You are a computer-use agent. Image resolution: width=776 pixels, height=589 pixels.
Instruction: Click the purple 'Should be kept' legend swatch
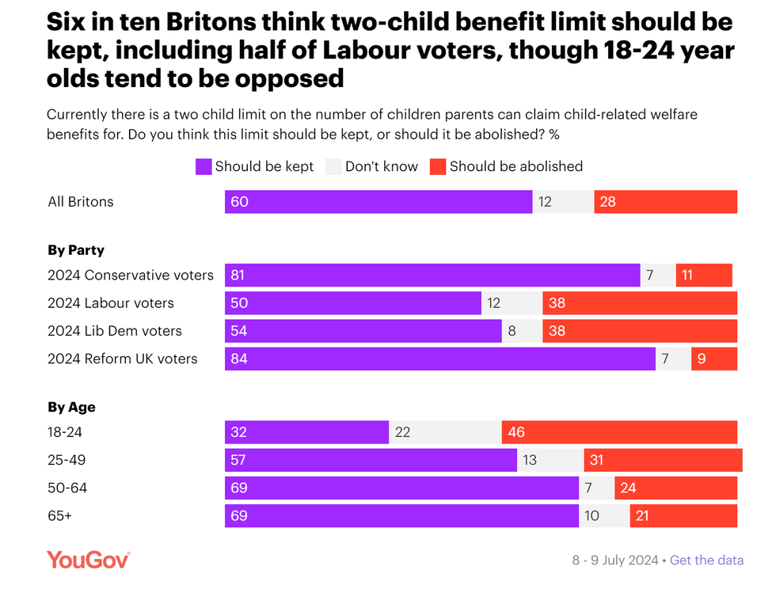tap(204, 167)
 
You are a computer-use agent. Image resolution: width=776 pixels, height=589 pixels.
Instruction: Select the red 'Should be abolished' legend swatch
tap(437, 167)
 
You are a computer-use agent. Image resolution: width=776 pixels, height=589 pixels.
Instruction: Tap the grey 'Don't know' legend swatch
tap(333, 167)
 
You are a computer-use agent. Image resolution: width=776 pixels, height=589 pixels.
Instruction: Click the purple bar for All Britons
tap(378, 202)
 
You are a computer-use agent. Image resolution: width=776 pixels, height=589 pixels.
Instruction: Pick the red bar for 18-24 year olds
tap(619, 432)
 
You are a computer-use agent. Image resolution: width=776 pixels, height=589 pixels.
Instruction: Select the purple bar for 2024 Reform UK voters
tap(440, 359)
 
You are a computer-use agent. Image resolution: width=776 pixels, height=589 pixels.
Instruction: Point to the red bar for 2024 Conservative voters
tap(704, 275)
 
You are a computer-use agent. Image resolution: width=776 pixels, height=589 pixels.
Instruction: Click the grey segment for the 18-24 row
tap(445, 432)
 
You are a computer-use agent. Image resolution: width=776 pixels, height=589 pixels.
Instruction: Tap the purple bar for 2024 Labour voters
tap(353, 303)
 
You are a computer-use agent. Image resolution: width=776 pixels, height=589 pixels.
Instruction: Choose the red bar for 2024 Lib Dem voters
tap(640, 331)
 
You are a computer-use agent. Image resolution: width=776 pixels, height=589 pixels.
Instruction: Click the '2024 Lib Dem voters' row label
tap(115, 331)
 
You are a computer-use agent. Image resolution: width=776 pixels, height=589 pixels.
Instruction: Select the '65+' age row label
tap(60, 516)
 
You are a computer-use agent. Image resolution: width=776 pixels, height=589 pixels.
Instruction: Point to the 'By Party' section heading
tap(76, 250)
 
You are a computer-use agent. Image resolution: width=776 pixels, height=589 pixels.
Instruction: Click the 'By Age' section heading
tap(71, 408)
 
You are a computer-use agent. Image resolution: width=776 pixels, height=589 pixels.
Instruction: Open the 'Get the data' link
tap(706, 560)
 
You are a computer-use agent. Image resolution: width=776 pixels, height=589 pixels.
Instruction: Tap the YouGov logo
tap(88, 560)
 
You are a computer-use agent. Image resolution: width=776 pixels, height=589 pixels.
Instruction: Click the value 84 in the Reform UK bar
tap(238, 359)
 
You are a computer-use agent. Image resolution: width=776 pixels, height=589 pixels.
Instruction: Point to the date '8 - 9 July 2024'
tap(615, 560)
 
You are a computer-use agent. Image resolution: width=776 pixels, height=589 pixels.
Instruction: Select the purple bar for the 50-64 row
tap(402, 488)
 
